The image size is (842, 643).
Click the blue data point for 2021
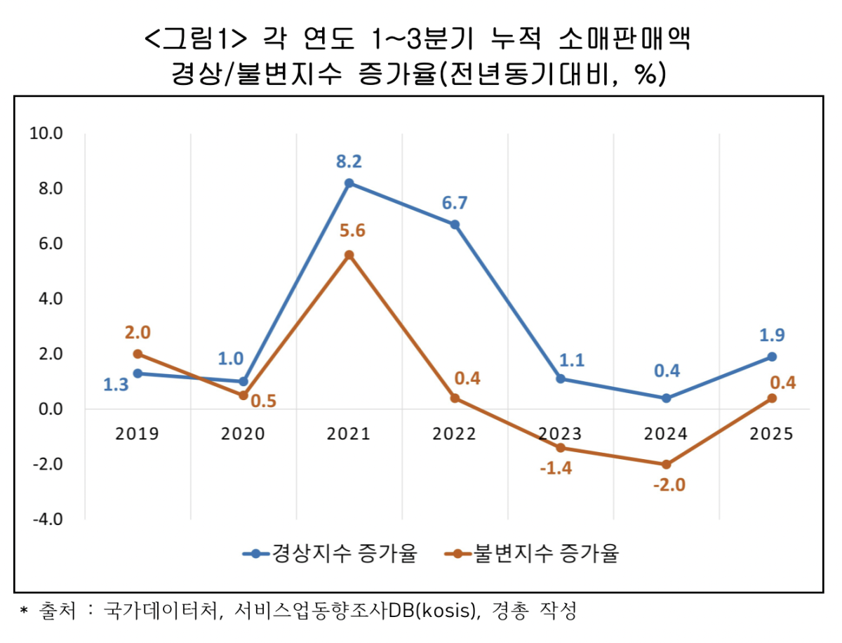[349, 183]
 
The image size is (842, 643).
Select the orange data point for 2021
[349, 255]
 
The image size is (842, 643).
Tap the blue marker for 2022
[455, 225]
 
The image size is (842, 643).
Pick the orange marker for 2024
[666, 464]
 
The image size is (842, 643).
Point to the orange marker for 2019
[138, 354]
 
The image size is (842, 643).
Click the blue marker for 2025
[772, 357]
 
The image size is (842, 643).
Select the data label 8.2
[349, 162]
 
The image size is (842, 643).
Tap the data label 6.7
[455, 204]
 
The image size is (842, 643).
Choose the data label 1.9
[772, 335]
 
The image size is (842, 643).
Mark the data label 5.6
[352, 231]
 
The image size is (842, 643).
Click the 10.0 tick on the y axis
[46, 133]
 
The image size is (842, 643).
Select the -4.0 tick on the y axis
[46, 519]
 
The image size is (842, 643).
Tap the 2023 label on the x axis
[560, 434]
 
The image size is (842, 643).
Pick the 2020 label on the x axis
[243, 434]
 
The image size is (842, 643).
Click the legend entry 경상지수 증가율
[330, 554]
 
